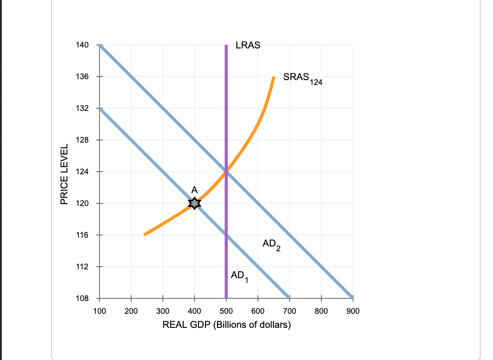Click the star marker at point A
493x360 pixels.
tap(195, 203)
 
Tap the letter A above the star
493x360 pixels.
tap(195, 189)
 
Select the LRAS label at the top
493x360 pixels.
tap(248, 45)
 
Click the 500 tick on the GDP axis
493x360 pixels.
tap(226, 311)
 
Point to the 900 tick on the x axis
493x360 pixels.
tap(353, 311)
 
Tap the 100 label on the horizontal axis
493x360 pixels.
tap(99, 311)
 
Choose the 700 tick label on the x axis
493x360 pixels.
tap(289, 311)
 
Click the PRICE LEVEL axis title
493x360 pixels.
tap(64, 174)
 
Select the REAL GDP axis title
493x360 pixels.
tap(226, 325)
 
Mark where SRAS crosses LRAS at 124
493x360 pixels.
tap(226, 172)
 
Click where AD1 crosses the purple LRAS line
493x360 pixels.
tap(226, 235)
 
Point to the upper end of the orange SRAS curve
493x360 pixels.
tap(273, 77)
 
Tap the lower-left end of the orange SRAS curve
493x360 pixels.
tap(144, 235)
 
